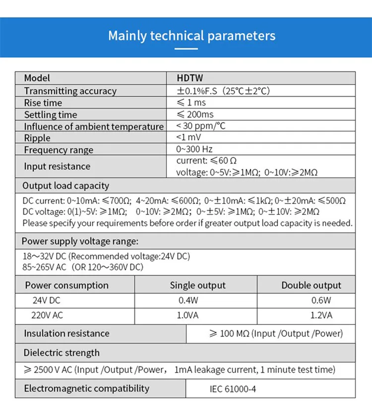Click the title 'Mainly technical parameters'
click(x=191, y=36)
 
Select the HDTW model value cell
click(x=190, y=78)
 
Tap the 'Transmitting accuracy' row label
click(x=70, y=91)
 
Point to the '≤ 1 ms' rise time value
click(x=191, y=103)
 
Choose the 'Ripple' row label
click(x=37, y=138)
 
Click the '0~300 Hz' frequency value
click(x=194, y=149)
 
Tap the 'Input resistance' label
click(x=57, y=166)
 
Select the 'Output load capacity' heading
click(x=65, y=186)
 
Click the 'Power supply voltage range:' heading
click(x=79, y=241)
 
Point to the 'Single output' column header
click(x=197, y=285)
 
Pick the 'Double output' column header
click(x=311, y=285)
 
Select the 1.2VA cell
click(x=321, y=315)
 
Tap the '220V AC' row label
click(x=48, y=315)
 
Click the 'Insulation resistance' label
click(x=66, y=333)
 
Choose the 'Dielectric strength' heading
click(x=62, y=352)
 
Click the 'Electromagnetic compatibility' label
click(x=86, y=388)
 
